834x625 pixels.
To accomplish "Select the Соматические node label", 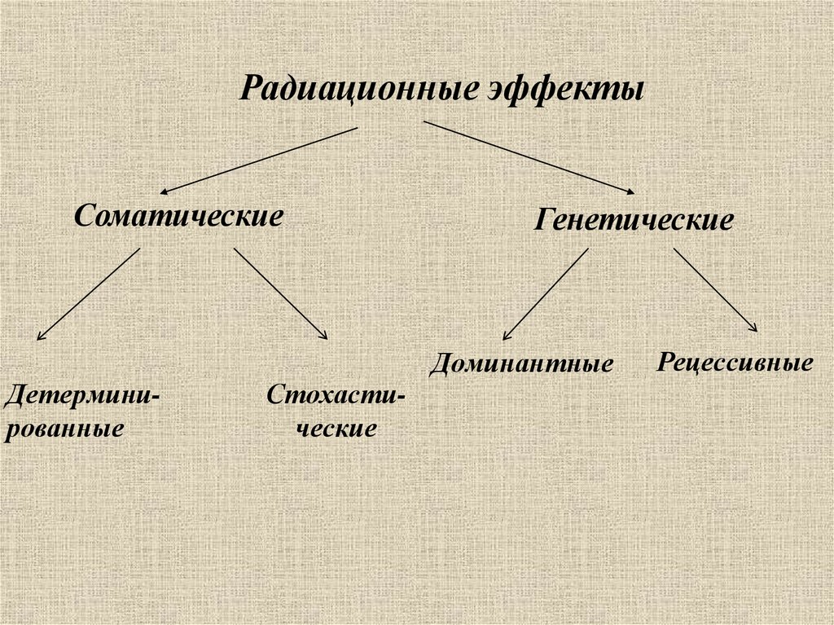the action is (x=179, y=217).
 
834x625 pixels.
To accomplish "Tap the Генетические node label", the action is (x=634, y=221).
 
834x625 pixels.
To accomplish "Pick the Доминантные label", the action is (x=520, y=363).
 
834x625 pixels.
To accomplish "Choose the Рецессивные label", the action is (x=735, y=362).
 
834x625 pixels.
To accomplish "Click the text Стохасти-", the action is (x=336, y=397).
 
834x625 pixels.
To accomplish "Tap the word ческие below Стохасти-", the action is (x=336, y=429).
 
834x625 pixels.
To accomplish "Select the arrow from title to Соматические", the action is (x=258, y=160).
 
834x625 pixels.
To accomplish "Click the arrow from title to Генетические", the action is (x=529, y=157).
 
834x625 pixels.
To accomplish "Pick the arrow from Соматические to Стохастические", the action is (x=280, y=293).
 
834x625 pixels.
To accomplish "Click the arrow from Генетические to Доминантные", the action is (x=545, y=294).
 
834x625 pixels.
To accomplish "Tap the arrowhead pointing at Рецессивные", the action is (x=754, y=328).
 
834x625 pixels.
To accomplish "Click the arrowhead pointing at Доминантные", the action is (x=506, y=336).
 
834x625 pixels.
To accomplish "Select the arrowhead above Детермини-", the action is (x=41, y=335).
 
